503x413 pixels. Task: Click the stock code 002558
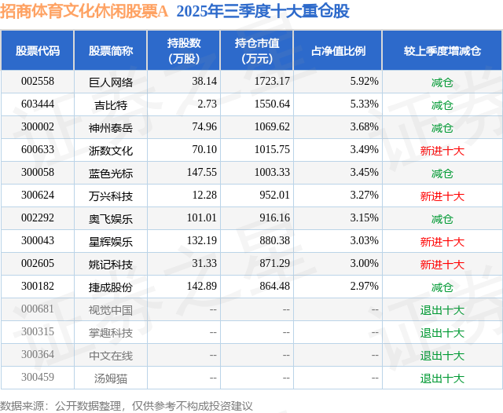(x=37, y=82)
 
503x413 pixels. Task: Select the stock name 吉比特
(x=111, y=104)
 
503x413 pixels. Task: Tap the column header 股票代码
(x=37, y=51)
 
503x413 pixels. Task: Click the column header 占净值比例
(x=338, y=51)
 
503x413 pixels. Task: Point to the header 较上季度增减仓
(x=442, y=51)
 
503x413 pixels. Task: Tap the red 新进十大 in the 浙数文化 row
(x=442, y=150)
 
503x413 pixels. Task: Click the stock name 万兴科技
(x=111, y=196)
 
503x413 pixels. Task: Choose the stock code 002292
(x=37, y=218)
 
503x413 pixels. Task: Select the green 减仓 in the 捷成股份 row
(x=442, y=287)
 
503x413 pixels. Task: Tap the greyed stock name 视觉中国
(x=111, y=309)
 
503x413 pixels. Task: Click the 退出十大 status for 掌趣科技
(x=442, y=332)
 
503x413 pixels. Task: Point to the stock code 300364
(x=37, y=355)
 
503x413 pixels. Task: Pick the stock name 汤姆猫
(x=111, y=378)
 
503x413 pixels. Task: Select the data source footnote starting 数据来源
(x=127, y=405)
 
